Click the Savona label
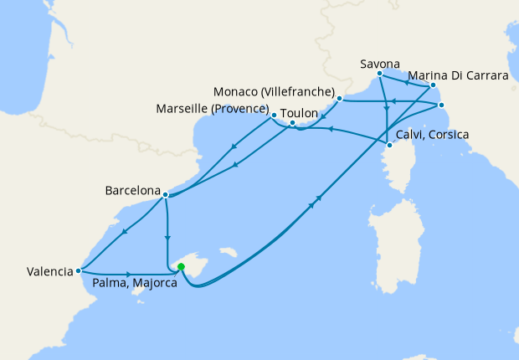click(379, 64)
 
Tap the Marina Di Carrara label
click(471, 75)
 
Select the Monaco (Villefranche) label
click(275, 91)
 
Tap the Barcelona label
click(131, 190)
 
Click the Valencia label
click(49, 271)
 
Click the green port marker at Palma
click(181, 268)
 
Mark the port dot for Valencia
click(78, 270)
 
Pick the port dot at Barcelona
click(166, 195)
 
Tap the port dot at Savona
click(380, 74)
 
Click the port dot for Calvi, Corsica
click(389, 145)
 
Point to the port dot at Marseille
click(274, 114)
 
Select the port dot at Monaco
click(339, 99)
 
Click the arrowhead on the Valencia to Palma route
click(128, 274)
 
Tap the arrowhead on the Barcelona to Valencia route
click(124, 232)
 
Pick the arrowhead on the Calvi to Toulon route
click(331, 129)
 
